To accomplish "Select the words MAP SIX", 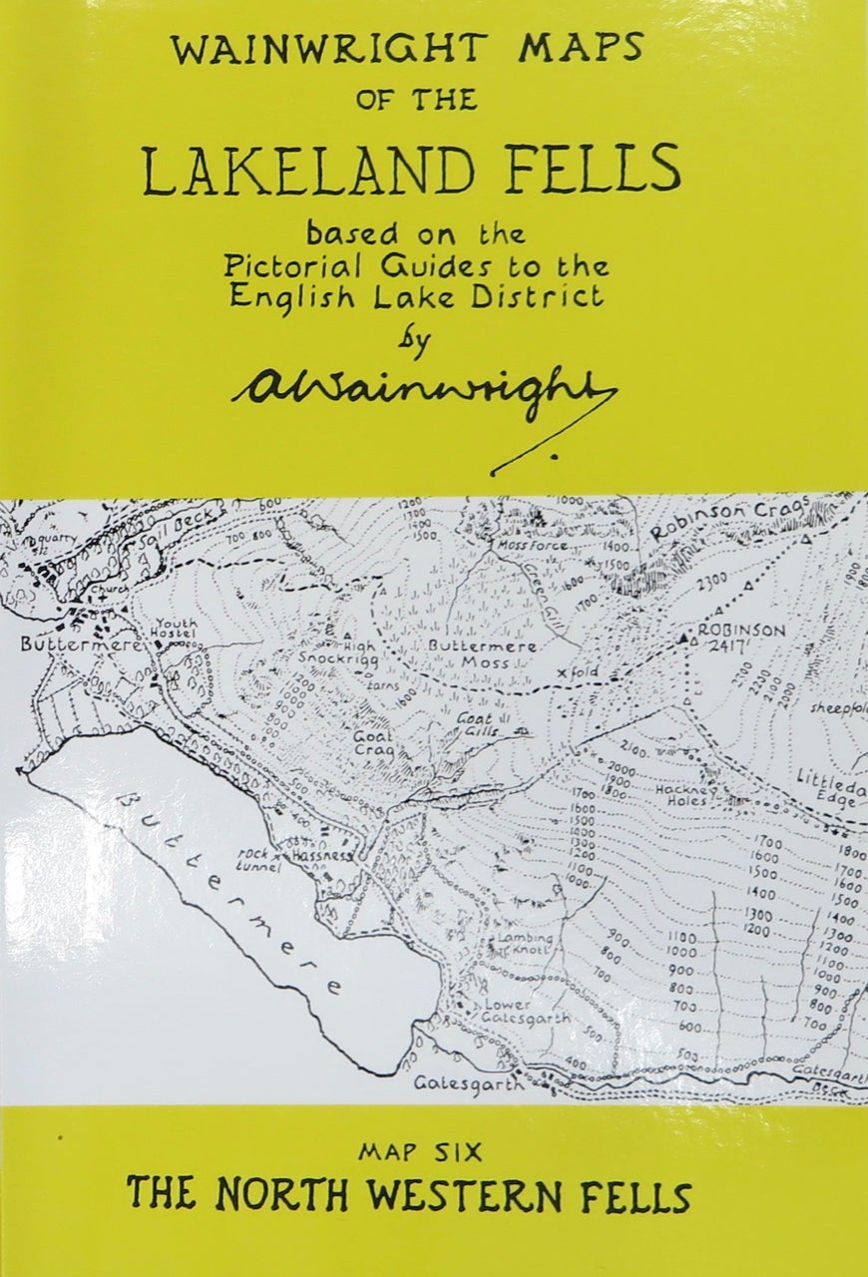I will [x=420, y=1153].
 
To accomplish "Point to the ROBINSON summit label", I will [x=741, y=632].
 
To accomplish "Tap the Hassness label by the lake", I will [x=319, y=857].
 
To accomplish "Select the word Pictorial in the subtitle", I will [x=280, y=267].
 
